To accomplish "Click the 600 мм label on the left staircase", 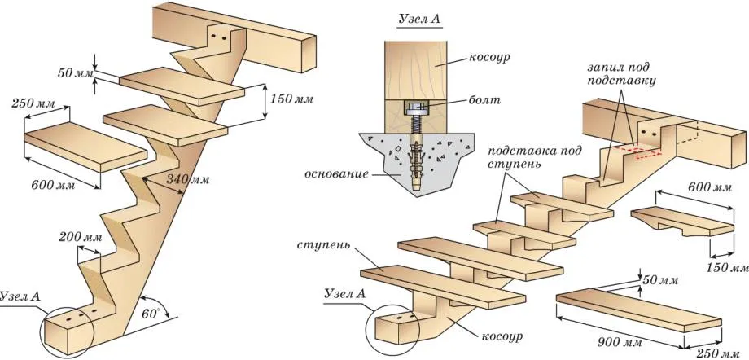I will click(53, 185).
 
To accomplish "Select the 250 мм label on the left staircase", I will click(34, 103).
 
